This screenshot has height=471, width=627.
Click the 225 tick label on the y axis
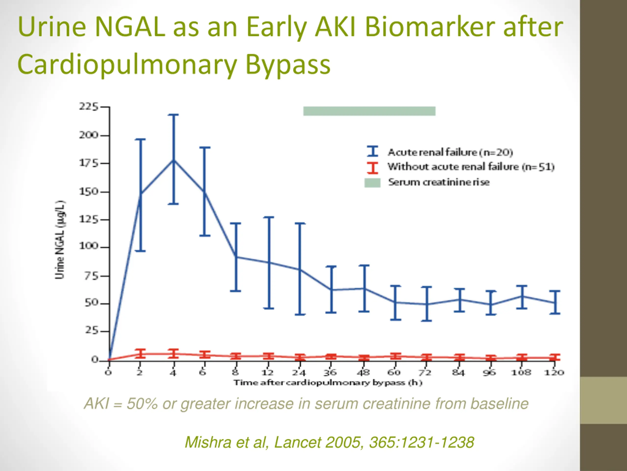[88, 107]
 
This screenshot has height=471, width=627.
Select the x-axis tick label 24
[299, 372]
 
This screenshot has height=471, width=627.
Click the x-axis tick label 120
[554, 372]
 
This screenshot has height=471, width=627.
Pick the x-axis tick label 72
[425, 372]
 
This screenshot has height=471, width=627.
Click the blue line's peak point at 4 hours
[173, 160]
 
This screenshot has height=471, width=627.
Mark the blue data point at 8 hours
[236, 257]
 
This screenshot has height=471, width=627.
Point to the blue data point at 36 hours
[331, 290]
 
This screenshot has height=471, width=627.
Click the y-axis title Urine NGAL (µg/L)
[60, 240]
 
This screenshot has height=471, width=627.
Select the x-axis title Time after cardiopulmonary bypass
[328, 383]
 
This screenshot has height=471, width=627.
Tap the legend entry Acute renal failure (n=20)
[450, 152]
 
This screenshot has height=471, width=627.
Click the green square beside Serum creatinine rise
[372, 183]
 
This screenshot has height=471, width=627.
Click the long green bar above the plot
[369, 111]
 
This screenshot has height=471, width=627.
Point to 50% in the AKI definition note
[142, 404]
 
